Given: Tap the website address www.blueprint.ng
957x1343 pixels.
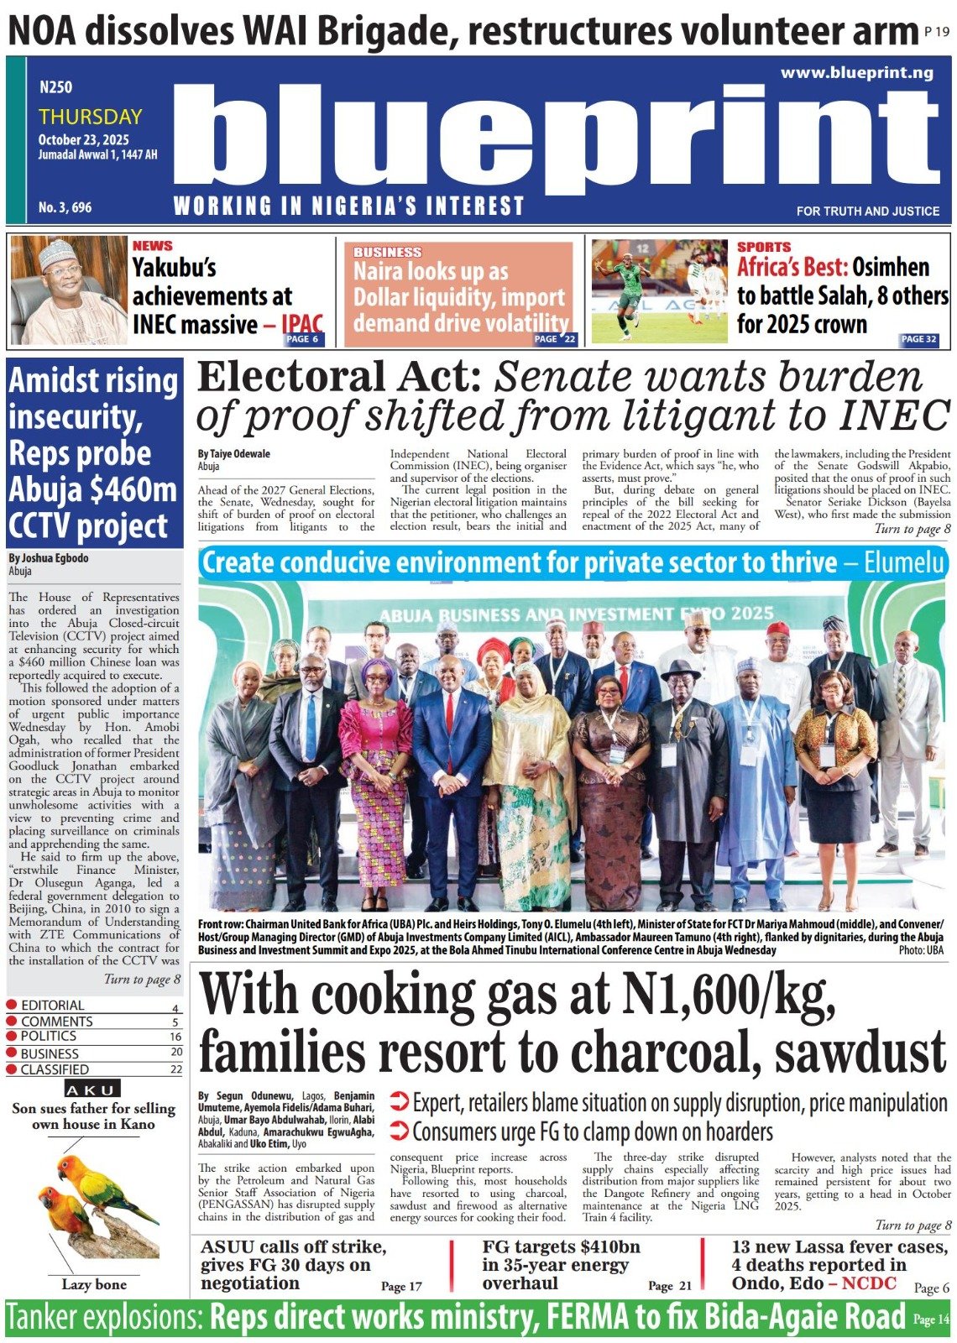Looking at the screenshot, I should [856, 73].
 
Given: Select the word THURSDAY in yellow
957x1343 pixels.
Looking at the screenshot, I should [90, 117].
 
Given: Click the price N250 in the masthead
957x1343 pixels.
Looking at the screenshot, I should [55, 86].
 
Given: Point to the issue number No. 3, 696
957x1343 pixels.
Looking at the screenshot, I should [65, 206].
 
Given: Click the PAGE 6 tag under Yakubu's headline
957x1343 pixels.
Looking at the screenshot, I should [302, 339].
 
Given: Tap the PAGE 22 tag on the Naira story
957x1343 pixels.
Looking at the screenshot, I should [556, 339].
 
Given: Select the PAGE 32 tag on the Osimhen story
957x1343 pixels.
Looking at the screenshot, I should [918, 339].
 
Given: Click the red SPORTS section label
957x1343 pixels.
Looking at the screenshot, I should [763, 247].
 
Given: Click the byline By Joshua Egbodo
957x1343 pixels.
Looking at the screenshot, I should [49, 558].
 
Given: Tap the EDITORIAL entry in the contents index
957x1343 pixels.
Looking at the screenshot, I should [52, 1006].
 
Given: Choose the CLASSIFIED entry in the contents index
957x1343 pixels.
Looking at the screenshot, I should [55, 1069].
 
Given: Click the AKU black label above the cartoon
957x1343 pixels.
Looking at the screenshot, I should [93, 1090].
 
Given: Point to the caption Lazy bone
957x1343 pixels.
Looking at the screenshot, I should [94, 1284].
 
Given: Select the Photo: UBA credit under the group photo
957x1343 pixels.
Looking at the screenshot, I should [921, 950].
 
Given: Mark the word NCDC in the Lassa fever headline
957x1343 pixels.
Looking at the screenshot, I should [869, 1283].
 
